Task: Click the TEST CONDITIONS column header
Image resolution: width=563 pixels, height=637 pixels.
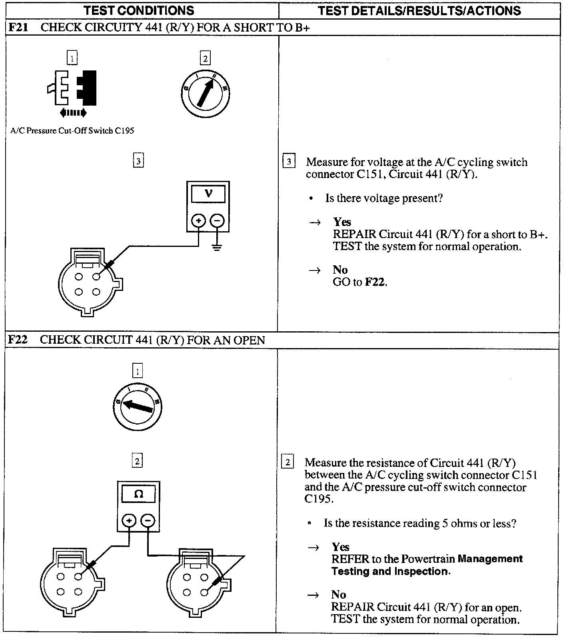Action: [139, 10]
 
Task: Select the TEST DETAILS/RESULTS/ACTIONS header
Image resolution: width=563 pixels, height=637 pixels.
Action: [419, 10]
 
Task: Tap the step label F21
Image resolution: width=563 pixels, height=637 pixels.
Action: [18, 28]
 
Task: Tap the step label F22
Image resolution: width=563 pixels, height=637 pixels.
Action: [18, 340]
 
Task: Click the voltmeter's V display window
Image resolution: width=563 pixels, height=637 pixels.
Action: [208, 194]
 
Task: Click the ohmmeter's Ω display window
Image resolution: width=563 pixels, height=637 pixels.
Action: [138, 495]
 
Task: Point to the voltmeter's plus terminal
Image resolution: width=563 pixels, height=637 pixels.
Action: [199, 220]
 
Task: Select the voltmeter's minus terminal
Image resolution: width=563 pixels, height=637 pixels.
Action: [217, 220]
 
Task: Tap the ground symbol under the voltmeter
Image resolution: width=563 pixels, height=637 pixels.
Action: [217, 247]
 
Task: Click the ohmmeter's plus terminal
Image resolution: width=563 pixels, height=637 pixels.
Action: [129, 521]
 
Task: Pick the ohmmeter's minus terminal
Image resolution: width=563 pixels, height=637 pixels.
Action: [148, 521]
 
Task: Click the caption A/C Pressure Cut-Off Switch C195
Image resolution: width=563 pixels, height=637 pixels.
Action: [72, 131]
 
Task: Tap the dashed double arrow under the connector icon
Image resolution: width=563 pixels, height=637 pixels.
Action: [73, 113]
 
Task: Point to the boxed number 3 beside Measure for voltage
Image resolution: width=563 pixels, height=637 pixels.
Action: [289, 162]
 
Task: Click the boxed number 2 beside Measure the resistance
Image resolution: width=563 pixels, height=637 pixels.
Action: [287, 462]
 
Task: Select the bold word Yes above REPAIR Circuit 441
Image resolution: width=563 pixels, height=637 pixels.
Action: [342, 222]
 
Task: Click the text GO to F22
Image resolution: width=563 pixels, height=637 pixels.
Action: [360, 282]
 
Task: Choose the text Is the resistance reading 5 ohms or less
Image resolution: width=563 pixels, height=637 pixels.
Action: [420, 523]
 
